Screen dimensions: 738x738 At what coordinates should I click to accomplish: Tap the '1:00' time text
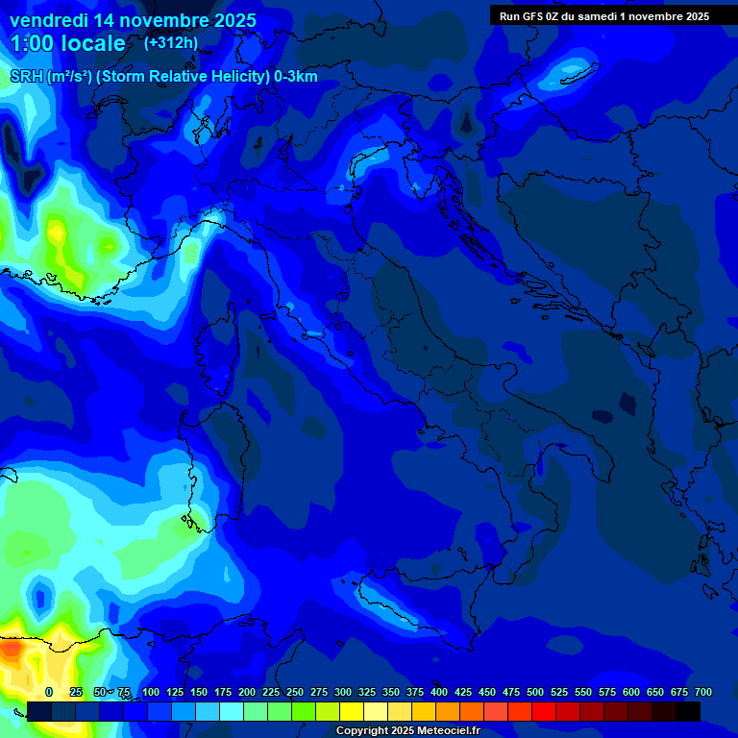(30, 43)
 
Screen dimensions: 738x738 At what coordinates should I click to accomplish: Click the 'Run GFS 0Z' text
(533, 16)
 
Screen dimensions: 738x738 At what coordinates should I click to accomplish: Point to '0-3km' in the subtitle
(295, 77)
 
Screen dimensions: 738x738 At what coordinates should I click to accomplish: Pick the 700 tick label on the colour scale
(702, 693)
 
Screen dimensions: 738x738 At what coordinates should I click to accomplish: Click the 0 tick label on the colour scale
(49, 693)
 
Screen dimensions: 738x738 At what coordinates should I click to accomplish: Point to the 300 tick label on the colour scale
(343, 693)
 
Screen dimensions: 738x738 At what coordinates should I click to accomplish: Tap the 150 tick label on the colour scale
(199, 693)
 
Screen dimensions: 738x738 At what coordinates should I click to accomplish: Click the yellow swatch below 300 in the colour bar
(352, 711)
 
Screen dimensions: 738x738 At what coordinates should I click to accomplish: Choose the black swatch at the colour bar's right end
(688, 711)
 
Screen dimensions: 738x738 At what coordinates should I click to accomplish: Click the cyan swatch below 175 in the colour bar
(232, 711)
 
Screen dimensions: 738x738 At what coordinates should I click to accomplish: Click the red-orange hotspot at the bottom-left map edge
(10, 650)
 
